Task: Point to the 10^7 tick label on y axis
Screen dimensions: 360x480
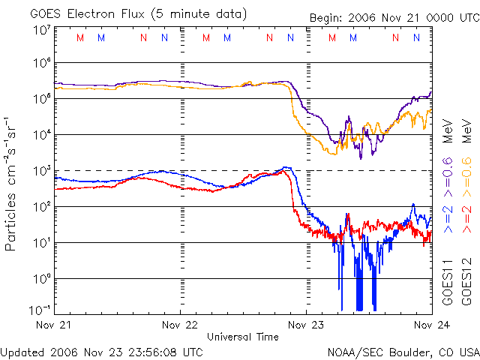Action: coord(41,30)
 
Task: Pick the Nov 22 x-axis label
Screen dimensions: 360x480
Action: coord(181,325)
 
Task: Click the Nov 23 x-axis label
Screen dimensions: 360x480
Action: coord(306,325)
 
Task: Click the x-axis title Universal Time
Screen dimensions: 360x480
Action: coord(243,337)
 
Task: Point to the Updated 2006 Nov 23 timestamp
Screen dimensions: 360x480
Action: coord(102,351)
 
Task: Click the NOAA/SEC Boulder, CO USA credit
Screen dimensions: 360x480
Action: coord(403,351)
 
